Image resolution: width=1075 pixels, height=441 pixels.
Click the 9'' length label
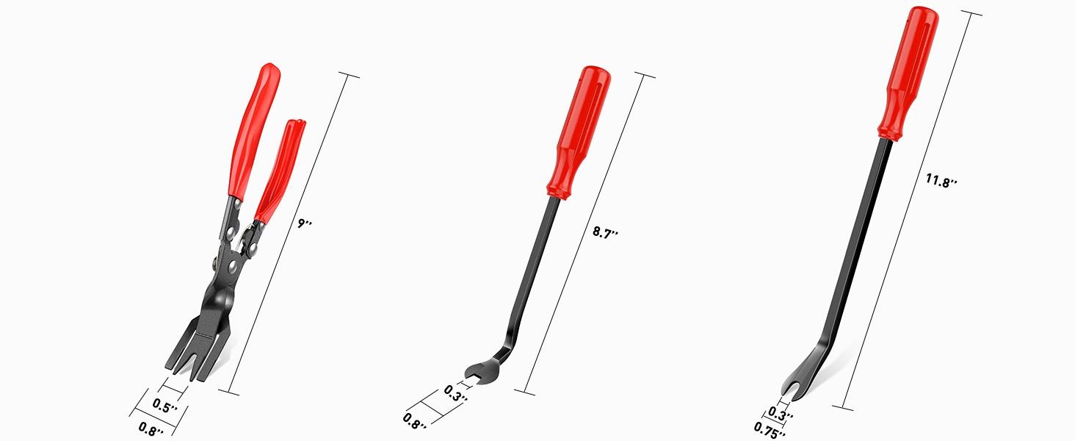click(x=305, y=223)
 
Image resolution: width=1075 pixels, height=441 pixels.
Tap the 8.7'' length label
click(x=605, y=232)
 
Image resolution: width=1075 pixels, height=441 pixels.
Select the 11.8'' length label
click(x=941, y=181)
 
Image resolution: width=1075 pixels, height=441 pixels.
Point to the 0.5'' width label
click(x=165, y=405)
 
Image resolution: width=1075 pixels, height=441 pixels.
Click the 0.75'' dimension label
click(x=770, y=429)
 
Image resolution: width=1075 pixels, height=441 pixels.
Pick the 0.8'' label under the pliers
click(x=151, y=429)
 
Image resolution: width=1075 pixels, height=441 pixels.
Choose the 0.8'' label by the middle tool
click(x=415, y=420)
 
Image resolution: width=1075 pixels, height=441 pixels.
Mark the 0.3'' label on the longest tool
click(x=781, y=412)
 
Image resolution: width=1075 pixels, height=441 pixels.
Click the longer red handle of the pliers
click(x=254, y=129)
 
